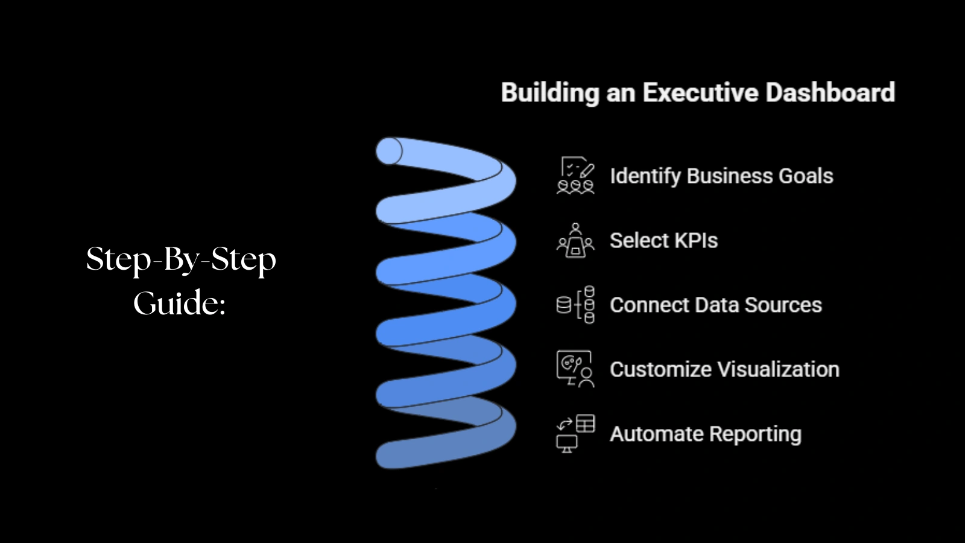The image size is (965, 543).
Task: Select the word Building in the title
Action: (549, 93)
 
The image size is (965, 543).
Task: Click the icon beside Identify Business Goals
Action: (575, 176)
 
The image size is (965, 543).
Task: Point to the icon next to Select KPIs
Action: (575, 240)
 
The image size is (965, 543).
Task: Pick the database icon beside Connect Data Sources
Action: (575, 305)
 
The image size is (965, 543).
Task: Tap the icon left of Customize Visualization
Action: (575, 369)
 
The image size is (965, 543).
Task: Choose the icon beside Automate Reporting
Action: (575, 433)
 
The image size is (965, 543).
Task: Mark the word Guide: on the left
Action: (179, 303)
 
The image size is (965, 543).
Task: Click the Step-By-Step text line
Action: (181, 259)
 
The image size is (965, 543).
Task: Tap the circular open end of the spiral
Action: (389, 151)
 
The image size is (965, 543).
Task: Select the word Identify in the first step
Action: (645, 176)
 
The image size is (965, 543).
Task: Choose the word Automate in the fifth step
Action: (656, 434)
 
